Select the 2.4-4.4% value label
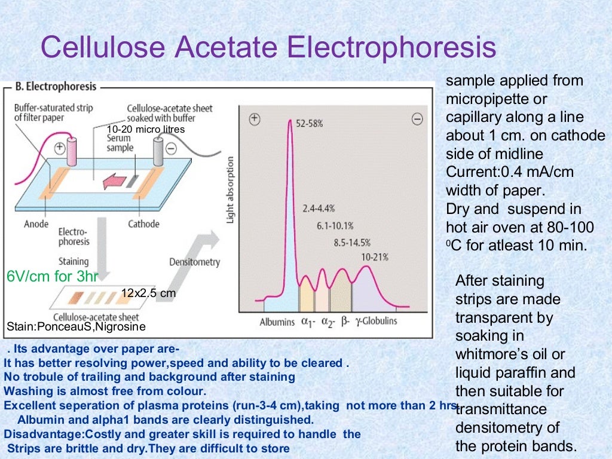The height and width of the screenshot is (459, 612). pyautogui.click(x=319, y=209)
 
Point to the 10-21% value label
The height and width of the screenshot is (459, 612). pyautogui.click(x=375, y=257)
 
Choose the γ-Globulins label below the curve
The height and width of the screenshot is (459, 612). pyautogui.click(x=377, y=322)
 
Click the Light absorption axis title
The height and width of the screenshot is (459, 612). pyautogui.click(x=230, y=191)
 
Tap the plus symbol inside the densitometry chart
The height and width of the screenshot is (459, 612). pyautogui.click(x=255, y=119)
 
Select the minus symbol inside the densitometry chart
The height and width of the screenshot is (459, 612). pyautogui.click(x=417, y=119)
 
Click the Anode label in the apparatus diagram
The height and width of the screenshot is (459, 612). pyautogui.click(x=36, y=224)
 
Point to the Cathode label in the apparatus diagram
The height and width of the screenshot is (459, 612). pyautogui.click(x=143, y=224)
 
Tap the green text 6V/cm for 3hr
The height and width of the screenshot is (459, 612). pyautogui.click(x=52, y=277)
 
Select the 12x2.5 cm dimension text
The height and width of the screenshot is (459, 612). pyautogui.click(x=149, y=293)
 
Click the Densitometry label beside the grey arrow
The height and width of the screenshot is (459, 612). pyautogui.click(x=194, y=262)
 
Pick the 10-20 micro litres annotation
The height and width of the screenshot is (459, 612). pyautogui.click(x=145, y=129)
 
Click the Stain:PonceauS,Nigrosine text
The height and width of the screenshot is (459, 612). pyautogui.click(x=75, y=327)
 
